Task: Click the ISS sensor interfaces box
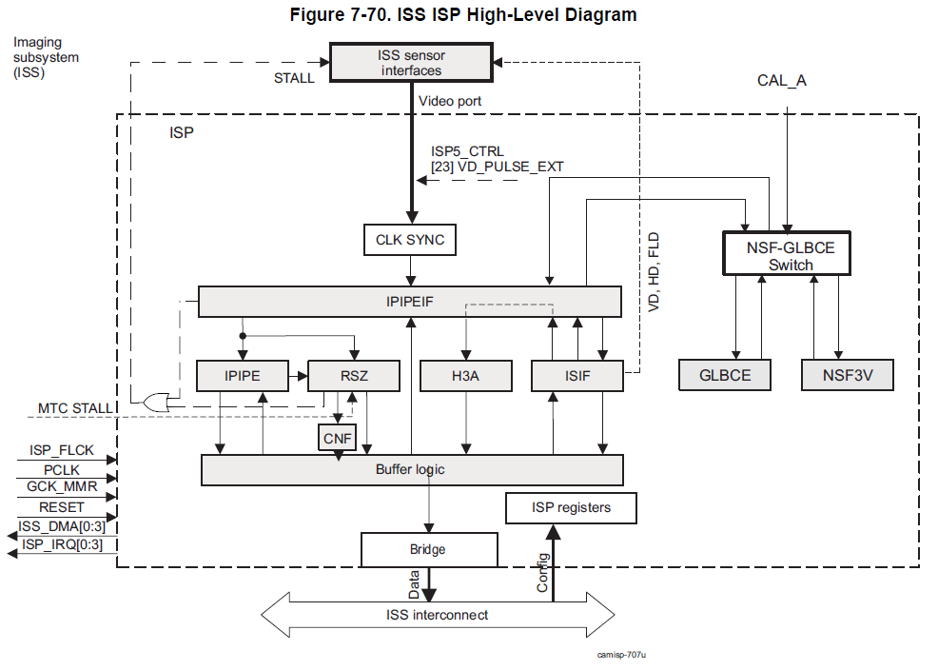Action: coord(411,63)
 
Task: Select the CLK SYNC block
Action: coord(409,240)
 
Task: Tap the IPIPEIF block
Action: coord(409,302)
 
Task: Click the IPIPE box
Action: coord(242,376)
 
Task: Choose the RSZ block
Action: coord(353,376)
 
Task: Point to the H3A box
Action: coord(465,376)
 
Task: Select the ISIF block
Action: coord(577,376)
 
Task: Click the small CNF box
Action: coord(337,439)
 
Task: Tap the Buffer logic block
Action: coord(412,469)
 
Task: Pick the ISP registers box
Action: coord(571,507)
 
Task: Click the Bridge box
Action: coord(428,549)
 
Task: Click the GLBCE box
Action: coord(726,375)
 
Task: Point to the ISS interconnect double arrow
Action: coord(438,616)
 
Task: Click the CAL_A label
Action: coord(782,81)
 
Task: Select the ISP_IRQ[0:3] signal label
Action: coord(63,544)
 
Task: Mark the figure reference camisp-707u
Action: coord(628,655)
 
